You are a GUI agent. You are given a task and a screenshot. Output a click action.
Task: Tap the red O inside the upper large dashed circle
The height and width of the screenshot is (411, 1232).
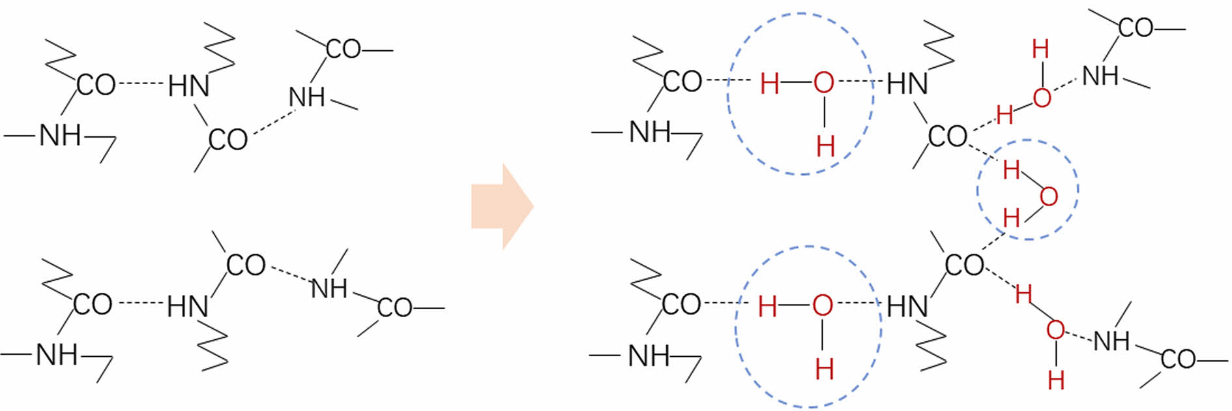click(x=823, y=83)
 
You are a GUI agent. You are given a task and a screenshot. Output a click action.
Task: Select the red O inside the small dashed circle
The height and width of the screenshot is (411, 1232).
click(x=1048, y=196)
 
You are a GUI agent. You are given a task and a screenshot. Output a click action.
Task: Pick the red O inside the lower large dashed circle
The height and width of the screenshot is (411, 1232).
click(x=823, y=305)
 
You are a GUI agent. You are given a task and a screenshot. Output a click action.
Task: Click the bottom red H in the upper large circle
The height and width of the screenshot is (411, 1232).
click(x=825, y=146)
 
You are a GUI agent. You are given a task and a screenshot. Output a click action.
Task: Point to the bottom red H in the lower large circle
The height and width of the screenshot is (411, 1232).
click(x=824, y=370)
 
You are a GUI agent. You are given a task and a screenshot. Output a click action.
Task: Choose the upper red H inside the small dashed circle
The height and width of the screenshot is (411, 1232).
click(x=1011, y=170)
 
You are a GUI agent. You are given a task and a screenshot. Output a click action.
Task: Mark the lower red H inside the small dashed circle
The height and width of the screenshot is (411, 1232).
click(x=1011, y=218)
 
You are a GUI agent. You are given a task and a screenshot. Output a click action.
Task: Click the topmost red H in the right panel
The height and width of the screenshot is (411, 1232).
click(x=1040, y=49)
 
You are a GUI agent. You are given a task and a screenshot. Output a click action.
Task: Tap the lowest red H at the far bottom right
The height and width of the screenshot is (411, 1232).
click(x=1056, y=380)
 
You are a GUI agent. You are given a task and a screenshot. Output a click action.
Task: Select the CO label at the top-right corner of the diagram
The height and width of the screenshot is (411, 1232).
click(x=1136, y=27)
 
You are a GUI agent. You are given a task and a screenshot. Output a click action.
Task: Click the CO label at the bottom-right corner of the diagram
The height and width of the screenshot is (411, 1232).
click(x=1178, y=359)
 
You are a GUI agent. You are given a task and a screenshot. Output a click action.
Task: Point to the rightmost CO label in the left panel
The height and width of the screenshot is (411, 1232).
click(x=394, y=308)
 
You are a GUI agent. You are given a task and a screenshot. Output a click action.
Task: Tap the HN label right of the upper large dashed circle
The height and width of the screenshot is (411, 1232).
click(x=907, y=84)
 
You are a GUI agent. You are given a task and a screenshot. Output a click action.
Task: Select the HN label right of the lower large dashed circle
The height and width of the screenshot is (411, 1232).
click(x=907, y=306)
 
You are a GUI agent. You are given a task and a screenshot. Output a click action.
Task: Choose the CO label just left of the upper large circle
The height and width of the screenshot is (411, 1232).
click(x=682, y=82)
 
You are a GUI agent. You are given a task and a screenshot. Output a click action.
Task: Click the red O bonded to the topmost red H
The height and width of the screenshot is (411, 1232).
click(x=1042, y=98)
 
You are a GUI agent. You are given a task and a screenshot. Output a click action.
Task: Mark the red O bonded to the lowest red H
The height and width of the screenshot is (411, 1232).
click(x=1055, y=330)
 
